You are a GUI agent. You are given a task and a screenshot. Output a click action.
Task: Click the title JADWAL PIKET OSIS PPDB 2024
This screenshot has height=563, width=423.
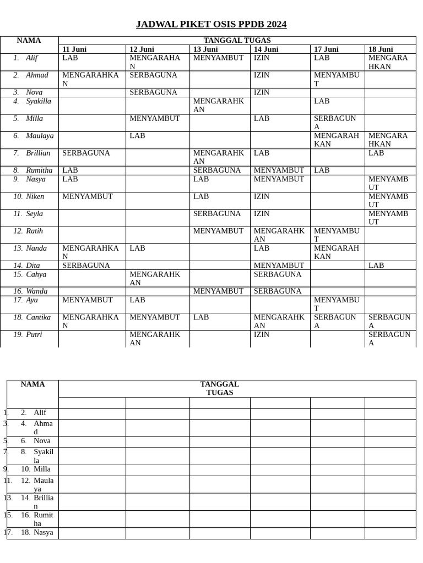click(211, 24)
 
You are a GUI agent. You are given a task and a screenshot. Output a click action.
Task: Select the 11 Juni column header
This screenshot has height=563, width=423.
click(74, 49)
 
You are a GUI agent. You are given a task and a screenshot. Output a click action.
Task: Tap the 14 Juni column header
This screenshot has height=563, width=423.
click(266, 49)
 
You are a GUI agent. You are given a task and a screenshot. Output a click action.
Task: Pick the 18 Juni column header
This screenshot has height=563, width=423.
click(381, 49)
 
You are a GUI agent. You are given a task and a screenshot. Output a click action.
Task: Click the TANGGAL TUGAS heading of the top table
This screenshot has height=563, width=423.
click(237, 41)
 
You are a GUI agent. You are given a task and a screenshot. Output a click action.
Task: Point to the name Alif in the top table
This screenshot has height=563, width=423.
click(32, 58)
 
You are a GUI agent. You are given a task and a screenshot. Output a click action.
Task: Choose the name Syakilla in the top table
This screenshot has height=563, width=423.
click(39, 101)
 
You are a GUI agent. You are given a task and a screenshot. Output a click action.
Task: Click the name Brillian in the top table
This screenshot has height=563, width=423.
click(38, 153)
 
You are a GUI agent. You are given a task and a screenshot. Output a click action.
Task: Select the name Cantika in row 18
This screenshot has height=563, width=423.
click(39, 317)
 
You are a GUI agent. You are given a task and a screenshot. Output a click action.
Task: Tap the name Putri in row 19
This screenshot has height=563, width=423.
click(34, 334)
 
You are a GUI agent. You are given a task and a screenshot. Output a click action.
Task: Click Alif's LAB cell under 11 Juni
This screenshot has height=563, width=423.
click(70, 58)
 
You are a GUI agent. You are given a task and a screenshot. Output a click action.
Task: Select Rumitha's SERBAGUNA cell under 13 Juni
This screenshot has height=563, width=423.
click(217, 170)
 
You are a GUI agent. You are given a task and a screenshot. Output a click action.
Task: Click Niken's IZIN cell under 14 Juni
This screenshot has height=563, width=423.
click(262, 196)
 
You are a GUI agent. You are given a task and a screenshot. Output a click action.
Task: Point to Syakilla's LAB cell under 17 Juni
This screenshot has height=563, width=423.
click(322, 101)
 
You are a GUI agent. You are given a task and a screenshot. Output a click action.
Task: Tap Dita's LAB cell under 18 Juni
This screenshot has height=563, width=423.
click(376, 266)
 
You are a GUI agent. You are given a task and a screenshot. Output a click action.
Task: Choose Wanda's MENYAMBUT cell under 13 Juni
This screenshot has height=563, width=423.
click(218, 291)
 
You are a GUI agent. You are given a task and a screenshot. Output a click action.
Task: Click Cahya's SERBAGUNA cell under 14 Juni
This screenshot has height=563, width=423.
click(278, 274)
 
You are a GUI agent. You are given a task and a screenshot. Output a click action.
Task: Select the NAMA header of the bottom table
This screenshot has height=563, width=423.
click(32, 384)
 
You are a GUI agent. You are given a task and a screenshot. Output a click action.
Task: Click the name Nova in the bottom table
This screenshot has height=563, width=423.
click(42, 441)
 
